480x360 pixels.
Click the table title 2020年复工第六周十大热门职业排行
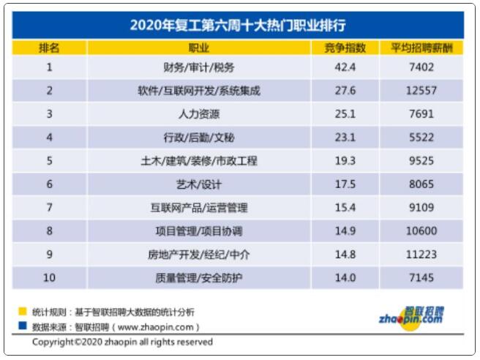[x=239, y=25]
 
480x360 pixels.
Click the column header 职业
[x=198, y=48]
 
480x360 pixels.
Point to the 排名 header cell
[x=50, y=48]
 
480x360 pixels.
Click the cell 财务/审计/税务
[x=198, y=68]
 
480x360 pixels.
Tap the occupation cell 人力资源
[x=198, y=114]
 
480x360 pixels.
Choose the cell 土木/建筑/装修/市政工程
[x=198, y=161]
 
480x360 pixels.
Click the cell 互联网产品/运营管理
[x=198, y=208]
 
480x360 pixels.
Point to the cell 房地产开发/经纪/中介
[x=198, y=255]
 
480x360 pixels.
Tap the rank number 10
[x=50, y=278]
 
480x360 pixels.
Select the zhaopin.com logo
[x=411, y=315]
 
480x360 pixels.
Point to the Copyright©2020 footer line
[x=122, y=342]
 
